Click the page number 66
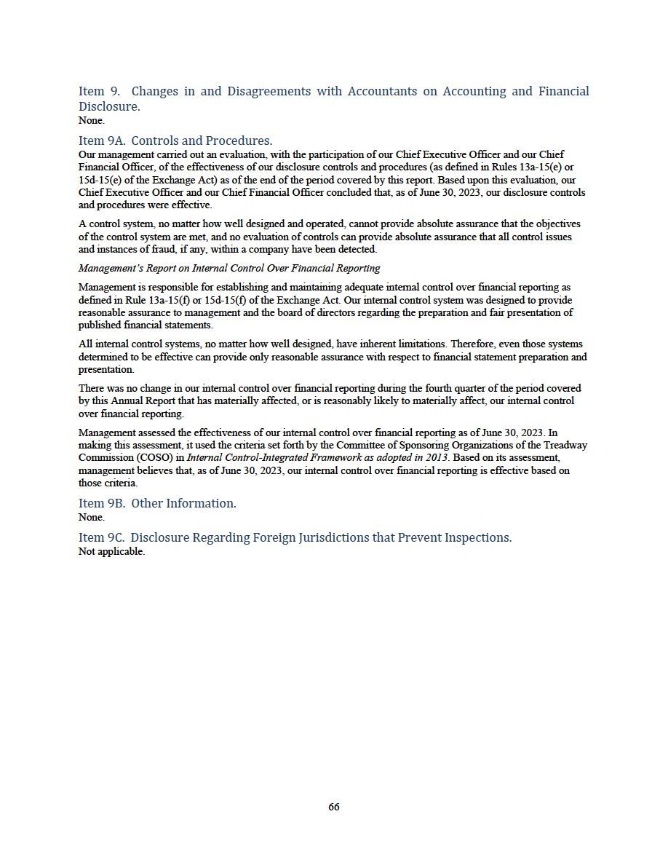[334, 807]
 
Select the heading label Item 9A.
[101, 141]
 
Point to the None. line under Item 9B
[91, 517]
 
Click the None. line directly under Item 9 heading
[91, 120]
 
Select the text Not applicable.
[111, 551]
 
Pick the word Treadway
[565, 445]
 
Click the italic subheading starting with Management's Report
[229, 268]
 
